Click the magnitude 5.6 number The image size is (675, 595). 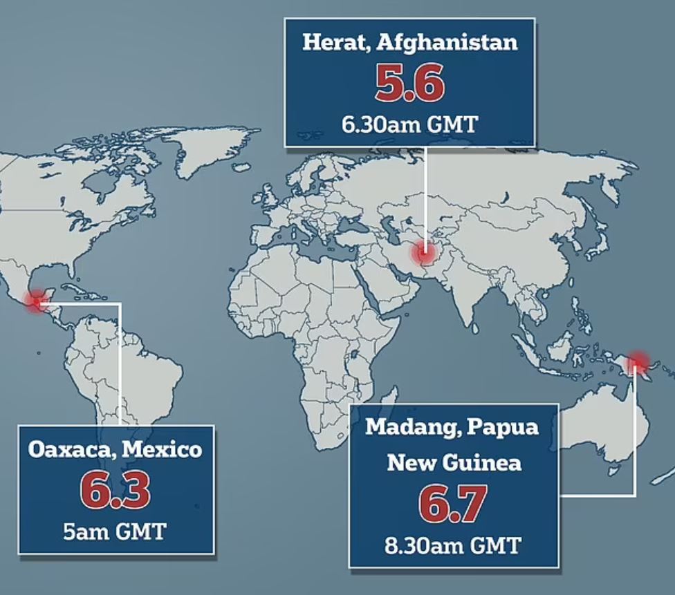(x=409, y=84)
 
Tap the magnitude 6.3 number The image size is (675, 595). (x=115, y=489)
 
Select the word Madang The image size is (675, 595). (x=406, y=426)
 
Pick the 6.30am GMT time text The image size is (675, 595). (x=409, y=124)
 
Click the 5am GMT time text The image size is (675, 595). (x=115, y=531)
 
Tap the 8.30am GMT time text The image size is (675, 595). (x=454, y=545)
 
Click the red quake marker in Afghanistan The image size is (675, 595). (x=423, y=254)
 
